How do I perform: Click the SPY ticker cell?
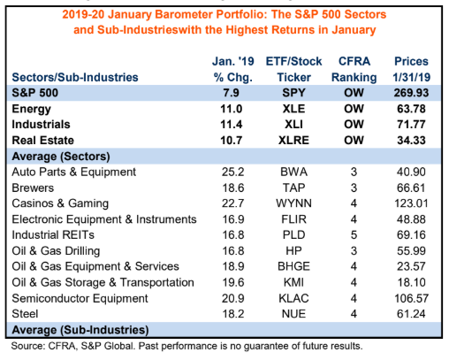tap(293, 93)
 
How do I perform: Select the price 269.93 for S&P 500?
tap(411, 93)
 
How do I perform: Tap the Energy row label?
tap(31, 110)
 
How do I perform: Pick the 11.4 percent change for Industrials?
tap(232, 125)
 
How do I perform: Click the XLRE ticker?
tap(293, 141)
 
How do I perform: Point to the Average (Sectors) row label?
tap(61, 157)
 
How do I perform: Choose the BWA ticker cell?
tap(293, 172)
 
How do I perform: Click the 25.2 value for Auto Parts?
tap(232, 172)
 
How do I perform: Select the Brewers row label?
tap(33, 188)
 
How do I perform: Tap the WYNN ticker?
tap(293, 203)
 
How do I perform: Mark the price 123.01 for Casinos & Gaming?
tap(411, 203)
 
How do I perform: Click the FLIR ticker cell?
tap(293, 219)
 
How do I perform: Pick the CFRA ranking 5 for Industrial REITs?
tap(354, 235)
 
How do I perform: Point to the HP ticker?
tap(293, 251)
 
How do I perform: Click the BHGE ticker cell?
tap(293, 266)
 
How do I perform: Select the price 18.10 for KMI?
tap(411, 282)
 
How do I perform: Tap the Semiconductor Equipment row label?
tap(80, 299)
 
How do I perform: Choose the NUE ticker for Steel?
tap(293, 314)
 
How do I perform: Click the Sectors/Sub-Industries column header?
tap(75, 77)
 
